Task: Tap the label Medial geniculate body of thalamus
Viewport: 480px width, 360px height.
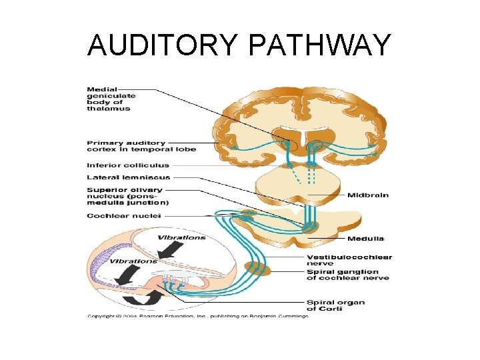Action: coord(111,99)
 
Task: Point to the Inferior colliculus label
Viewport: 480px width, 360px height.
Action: coord(128,165)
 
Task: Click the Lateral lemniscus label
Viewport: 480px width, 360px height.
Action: coord(129,178)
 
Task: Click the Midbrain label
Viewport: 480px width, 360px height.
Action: coord(367,195)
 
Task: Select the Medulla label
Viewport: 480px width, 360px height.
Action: coord(365,239)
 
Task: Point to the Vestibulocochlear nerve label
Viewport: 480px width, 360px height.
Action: coord(349,260)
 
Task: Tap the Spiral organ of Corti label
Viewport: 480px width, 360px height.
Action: coord(335,305)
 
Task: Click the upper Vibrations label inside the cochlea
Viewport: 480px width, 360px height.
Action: coord(181,238)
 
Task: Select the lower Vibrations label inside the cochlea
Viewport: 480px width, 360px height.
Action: coord(134,261)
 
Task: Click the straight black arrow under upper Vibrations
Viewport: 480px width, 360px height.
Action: coord(171,250)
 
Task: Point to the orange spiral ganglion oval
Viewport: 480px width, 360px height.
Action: coord(257,269)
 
